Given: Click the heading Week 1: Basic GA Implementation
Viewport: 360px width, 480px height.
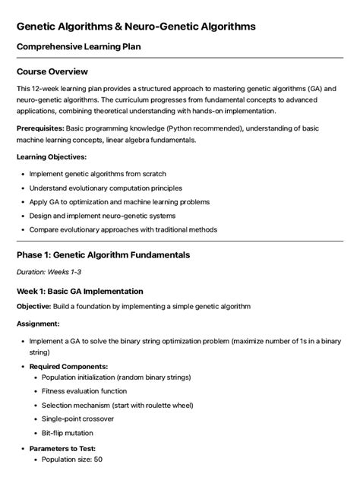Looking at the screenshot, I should click(80, 291).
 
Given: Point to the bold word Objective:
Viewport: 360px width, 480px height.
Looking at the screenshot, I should click(33, 306).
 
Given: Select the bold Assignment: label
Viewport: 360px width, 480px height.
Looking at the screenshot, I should click(38, 324).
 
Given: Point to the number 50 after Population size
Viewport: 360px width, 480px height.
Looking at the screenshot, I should click(98, 459).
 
